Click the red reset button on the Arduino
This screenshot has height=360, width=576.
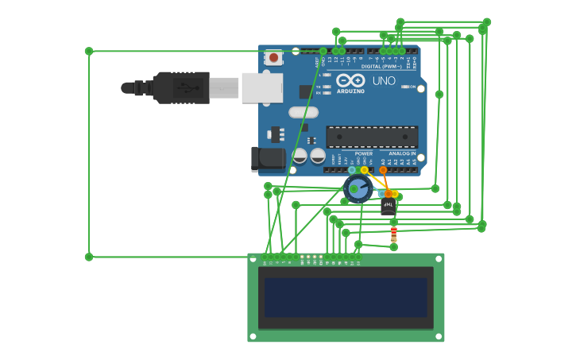(x=273, y=57)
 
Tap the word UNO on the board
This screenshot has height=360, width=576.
(x=384, y=81)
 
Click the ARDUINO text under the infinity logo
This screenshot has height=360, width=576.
(x=350, y=91)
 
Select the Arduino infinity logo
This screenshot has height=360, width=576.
(x=350, y=80)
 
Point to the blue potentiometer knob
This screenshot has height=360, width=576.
(x=358, y=189)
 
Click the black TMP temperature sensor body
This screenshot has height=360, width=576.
(x=388, y=206)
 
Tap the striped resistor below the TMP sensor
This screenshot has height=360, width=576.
(x=393, y=234)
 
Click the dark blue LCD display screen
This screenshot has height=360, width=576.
(x=346, y=297)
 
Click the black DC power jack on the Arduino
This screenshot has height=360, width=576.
(x=268, y=159)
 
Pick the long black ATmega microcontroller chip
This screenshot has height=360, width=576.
(x=372, y=137)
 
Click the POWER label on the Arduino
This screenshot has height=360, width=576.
(x=364, y=153)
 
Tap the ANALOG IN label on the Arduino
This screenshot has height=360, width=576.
(x=402, y=153)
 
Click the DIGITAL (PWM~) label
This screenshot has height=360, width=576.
(x=381, y=67)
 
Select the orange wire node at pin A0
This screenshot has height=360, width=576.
(x=383, y=170)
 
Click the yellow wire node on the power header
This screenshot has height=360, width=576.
(x=365, y=170)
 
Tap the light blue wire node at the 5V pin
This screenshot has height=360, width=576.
(x=352, y=170)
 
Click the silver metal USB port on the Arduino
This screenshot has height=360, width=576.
(x=261, y=87)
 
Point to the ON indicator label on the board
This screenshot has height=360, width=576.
(x=412, y=87)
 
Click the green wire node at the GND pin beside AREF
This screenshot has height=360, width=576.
(x=323, y=51)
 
